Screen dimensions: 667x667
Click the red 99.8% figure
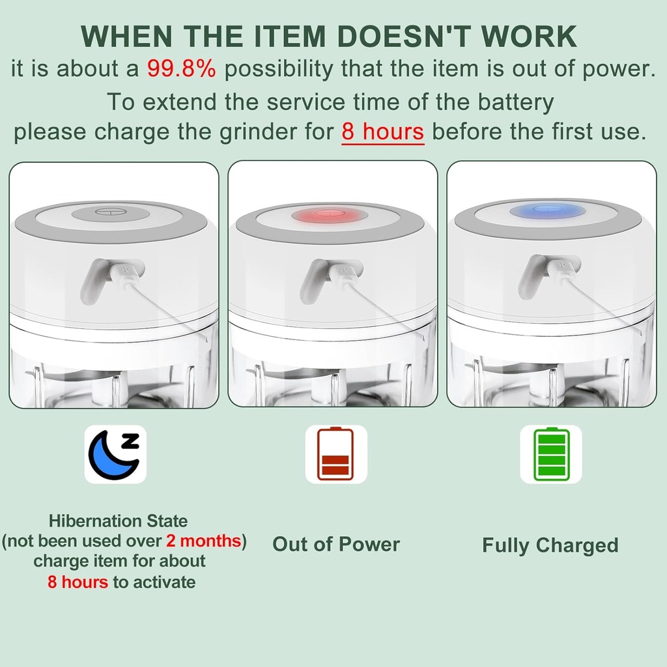tap(181, 69)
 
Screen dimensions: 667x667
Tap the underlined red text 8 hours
tap(383, 132)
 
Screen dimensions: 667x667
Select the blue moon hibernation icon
tap(115, 454)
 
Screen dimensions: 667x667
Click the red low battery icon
tap(335, 454)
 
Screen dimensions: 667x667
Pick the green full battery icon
tap(550, 454)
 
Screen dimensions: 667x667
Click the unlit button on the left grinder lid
tap(108, 212)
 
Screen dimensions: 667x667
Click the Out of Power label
tap(336, 545)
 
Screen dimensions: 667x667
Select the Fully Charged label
tap(550, 545)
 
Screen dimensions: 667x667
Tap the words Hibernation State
tap(118, 521)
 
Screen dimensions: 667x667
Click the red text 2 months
tap(204, 541)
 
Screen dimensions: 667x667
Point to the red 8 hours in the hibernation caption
tap(78, 582)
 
